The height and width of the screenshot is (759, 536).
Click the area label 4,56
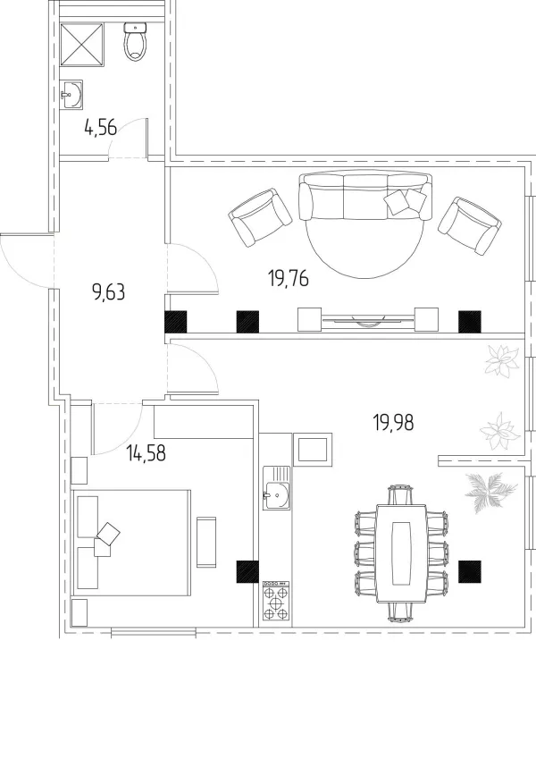pos(101,128)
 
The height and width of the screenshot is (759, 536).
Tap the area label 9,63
pos(108,292)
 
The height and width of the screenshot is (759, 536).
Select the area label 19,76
pos(289,279)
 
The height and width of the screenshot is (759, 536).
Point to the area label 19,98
pos(393,423)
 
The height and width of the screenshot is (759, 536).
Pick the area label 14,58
pos(146,453)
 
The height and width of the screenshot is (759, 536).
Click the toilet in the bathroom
pos(135,42)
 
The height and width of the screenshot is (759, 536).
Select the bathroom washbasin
pos(71,94)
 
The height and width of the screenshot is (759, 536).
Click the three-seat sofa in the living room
pos(365,196)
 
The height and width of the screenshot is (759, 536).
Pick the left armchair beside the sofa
pos(260,217)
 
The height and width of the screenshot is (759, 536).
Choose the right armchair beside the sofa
pos(470,225)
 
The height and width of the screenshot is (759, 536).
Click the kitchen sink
pos(277,488)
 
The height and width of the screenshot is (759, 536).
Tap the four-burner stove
pos(276,601)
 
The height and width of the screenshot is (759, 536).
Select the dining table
pos(401,553)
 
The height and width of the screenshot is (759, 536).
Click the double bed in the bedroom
pos(131,543)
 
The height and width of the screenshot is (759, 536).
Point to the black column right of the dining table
pos(470,571)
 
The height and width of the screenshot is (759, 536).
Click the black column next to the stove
pos(247,571)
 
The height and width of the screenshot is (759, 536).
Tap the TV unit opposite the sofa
pos(368,319)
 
